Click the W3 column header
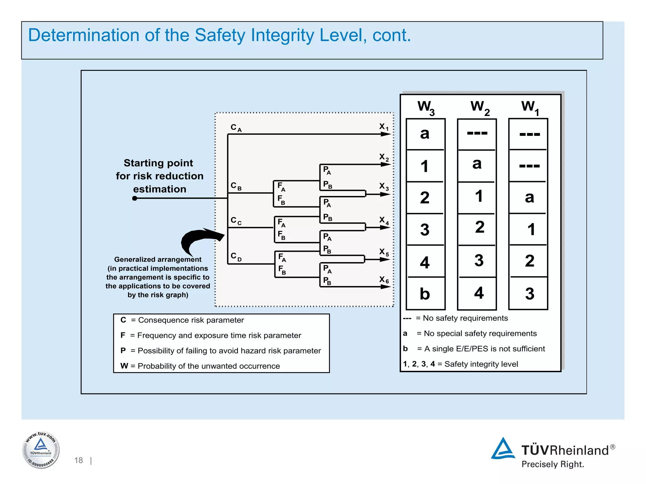(x=426, y=107)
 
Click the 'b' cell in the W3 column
(x=425, y=294)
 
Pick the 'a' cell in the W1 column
(x=529, y=198)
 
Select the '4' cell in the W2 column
(x=479, y=293)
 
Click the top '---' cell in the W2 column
(x=477, y=134)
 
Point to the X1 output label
(x=384, y=127)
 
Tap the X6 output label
(x=384, y=280)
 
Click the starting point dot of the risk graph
(x=135, y=198)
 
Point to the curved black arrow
(x=199, y=239)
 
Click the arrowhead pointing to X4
(x=385, y=227)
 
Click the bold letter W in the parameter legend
(x=124, y=366)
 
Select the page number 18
(x=79, y=460)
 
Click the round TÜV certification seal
(x=41, y=450)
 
